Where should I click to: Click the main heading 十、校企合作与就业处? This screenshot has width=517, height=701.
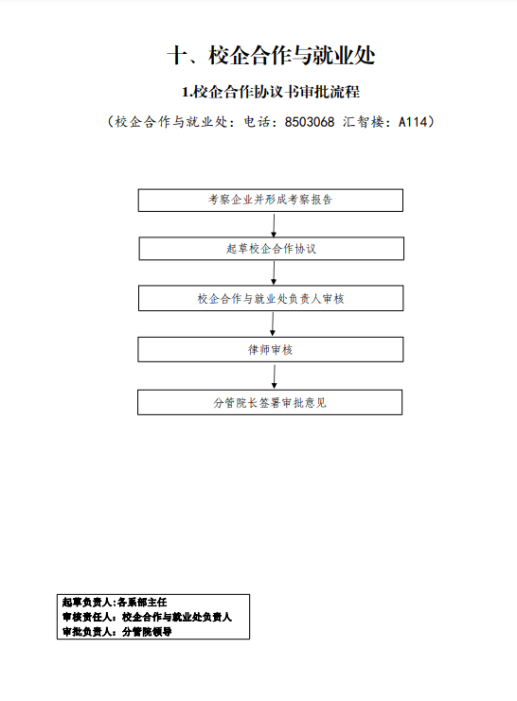point(271,56)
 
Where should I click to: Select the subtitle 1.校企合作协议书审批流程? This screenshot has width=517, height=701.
point(271,92)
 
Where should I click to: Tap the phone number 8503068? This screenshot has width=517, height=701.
point(310,122)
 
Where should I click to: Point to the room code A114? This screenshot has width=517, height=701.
point(413,122)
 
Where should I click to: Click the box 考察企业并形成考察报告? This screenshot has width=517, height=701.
point(271,200)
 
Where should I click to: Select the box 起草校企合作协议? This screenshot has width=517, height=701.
point(271,249)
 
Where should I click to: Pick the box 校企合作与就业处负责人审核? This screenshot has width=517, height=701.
point(271,298)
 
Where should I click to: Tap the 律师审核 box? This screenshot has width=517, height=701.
point(271,349)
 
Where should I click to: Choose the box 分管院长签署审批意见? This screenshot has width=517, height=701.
point(270,402)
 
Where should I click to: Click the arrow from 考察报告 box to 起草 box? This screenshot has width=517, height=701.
point(274,225)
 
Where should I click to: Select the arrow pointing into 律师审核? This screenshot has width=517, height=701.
point(273,324)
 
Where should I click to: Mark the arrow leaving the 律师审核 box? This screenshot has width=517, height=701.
point(274,377)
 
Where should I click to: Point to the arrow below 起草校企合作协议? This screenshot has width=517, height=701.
point(274,272)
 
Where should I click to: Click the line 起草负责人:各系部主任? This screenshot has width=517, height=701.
point(115,603)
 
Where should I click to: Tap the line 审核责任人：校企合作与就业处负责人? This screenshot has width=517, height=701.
point(147,617)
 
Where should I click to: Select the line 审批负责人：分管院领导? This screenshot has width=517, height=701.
point(116,632)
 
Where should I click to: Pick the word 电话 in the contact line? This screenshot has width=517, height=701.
point(258,122)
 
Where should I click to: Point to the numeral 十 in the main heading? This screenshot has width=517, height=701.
point(178,57)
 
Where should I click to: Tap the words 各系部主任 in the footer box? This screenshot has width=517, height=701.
point(142,603)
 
